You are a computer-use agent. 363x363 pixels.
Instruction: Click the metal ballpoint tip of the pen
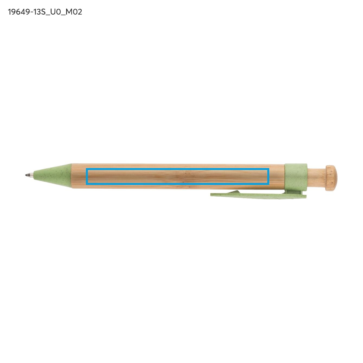[x=29, y=175]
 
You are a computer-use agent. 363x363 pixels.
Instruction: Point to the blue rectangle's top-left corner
[x=87, y=169]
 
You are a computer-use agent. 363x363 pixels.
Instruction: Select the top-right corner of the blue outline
[x=268, y=169]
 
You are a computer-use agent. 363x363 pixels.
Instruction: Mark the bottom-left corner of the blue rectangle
[x=87, y=184]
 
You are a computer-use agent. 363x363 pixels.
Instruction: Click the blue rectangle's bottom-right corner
[x=268, y=184]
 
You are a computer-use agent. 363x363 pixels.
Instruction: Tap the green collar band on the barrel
[x=296, y=176]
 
